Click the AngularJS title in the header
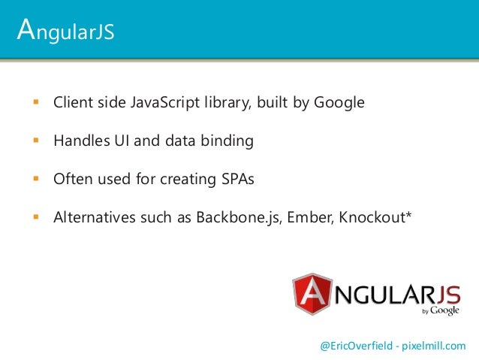point(65,32)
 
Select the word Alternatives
point(92,219)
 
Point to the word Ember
point(309,219)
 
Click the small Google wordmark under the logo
point(444,310)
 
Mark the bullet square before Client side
point(35,101)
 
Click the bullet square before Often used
point(35,180)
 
